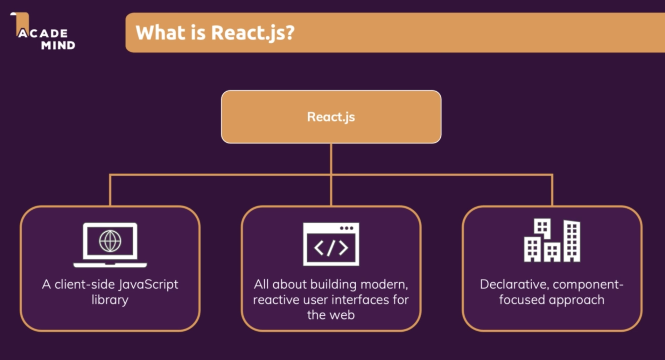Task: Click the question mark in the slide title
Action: coord(289,32)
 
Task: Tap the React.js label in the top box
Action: coord(331,117)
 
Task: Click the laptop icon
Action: coord(110,245)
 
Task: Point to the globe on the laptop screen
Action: coord(110,241)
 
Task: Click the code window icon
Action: coord(331,244)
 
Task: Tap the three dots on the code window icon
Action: coord(346,228)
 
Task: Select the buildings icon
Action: coord(552,241)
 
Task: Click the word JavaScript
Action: coord(148,285)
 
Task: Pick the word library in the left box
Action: coord(110,300)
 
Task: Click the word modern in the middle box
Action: coord(384,285)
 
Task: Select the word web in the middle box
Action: coord(342,315)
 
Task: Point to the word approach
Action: coord(576,300)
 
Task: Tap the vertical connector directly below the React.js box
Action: coord(331,159)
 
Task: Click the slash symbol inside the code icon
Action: coord(331,248)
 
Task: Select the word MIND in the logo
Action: coord(58,45)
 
